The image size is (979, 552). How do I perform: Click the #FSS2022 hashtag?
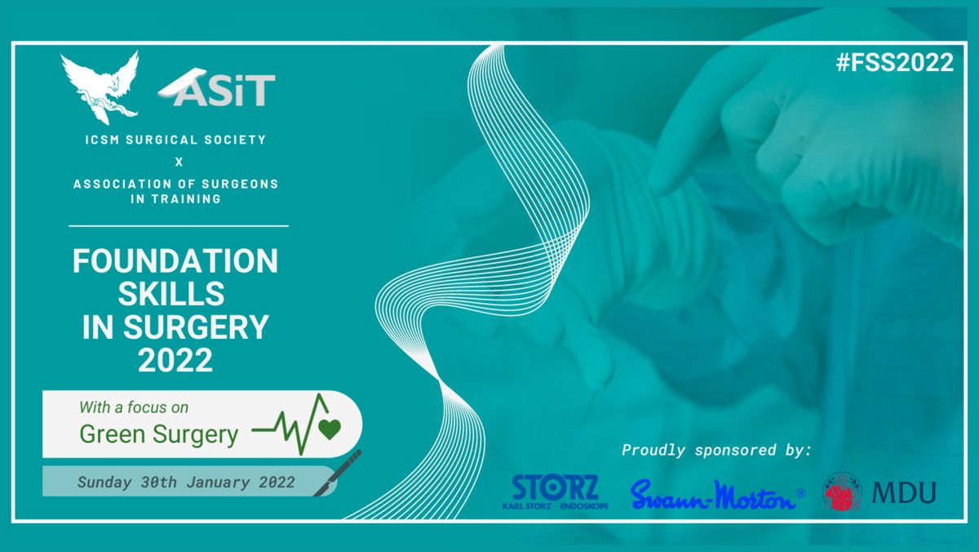[x=894, y=63]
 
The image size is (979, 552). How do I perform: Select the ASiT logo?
[x=217, y=87]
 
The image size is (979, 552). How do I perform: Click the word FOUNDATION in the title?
[x=175, y=261]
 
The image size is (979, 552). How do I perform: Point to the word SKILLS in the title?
[x=171, y=294]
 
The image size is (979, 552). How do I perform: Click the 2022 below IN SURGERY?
[x=175, y=360]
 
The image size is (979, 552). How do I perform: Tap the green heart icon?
[x=330, y=429]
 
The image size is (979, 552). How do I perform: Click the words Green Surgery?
[x=158, y=434]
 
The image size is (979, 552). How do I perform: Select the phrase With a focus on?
[x=134, y=407]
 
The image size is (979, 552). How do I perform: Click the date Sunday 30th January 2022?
[x=186, y=482]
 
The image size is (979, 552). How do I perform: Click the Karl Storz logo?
[x=556, y=492]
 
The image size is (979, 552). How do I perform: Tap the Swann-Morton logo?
[x=717, y=495]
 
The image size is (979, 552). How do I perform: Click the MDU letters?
[x=904, y=492]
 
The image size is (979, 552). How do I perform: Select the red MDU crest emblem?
[x=842, y=492]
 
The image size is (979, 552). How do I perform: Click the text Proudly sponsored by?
[x=717, y=450]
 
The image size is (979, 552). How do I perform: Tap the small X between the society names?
[x=179, y=162]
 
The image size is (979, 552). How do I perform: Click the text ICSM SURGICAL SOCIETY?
[x=175, y=140]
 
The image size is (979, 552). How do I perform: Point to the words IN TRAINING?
[x=175, y=199]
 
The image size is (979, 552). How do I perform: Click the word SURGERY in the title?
[x=196, y=327]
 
